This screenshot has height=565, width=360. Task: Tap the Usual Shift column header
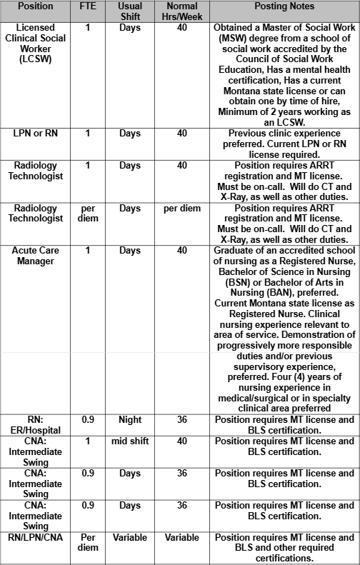tap(130, 11)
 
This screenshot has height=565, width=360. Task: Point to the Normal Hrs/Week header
tap(182, 11)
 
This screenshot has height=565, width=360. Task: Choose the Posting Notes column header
tap(285, 6)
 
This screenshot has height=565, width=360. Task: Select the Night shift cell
tap(130, 420)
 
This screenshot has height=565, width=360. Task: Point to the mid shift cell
tap(130, 441)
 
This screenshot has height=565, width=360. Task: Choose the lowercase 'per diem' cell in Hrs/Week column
tap(182, 209)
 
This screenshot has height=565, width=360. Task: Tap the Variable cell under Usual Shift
tap(130, 537)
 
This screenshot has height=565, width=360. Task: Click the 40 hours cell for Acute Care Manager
tap(182, 251)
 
